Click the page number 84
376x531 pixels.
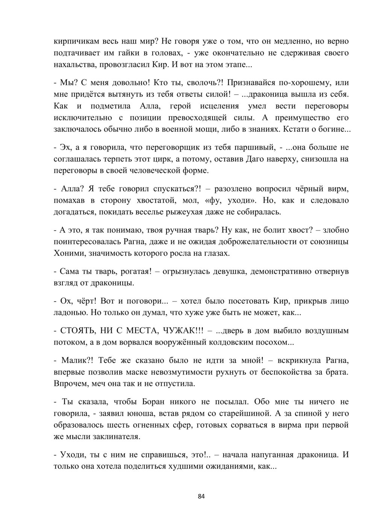201,496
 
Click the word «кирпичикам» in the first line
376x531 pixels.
76,41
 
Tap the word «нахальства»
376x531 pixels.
74,65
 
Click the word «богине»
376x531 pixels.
335,130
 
